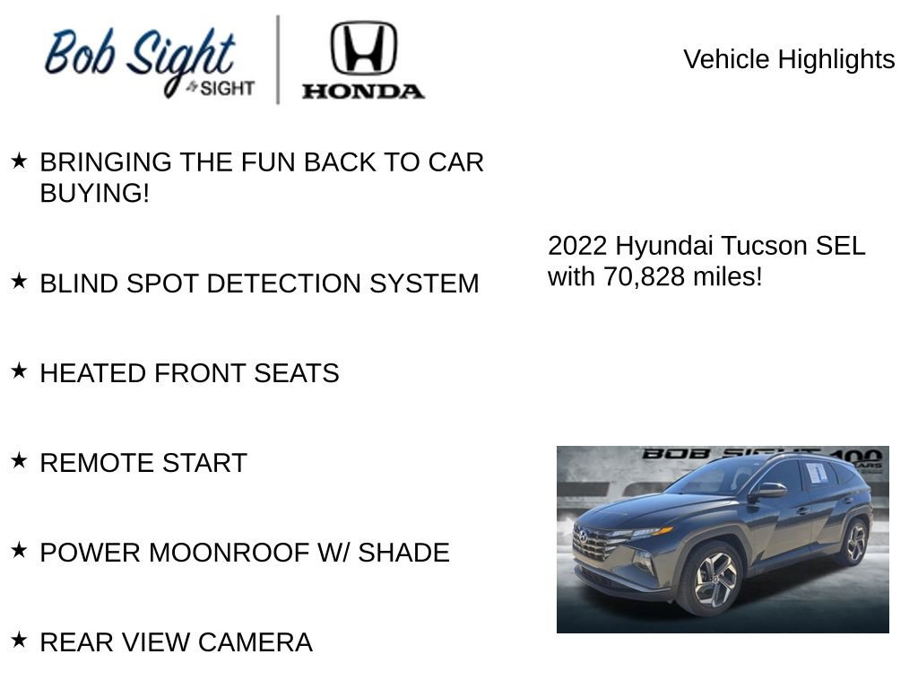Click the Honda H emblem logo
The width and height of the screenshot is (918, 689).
click(363, 48)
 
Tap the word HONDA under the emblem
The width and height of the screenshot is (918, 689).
click(363, 91)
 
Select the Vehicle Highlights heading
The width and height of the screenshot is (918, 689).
click(789, 59)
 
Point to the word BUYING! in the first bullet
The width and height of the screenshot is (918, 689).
click(94, 193)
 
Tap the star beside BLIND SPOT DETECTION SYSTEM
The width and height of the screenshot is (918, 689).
click(19, 282)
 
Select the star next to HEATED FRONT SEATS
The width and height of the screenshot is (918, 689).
click(19, 371)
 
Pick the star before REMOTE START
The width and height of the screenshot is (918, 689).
click(19, 460)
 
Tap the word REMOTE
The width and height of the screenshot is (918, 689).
click(84, 463)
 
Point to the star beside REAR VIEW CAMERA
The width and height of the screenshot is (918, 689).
click(19, 640)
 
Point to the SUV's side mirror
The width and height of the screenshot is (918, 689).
click(769, 490)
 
